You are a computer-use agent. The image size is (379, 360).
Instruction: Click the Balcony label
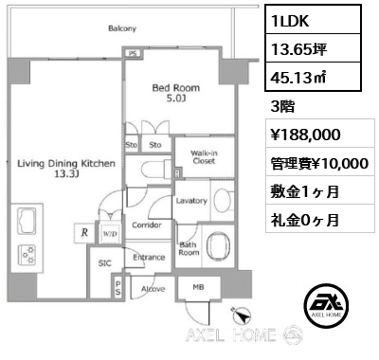pos(122,28)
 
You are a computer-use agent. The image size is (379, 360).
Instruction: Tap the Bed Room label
pos(176,88)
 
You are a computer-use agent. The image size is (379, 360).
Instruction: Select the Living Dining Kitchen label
pos(66,164)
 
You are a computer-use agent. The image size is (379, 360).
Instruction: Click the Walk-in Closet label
pos(204,157)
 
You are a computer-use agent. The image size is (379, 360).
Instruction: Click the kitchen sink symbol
pos(27,221)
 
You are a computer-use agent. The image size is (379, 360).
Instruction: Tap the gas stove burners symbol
pos(27,255)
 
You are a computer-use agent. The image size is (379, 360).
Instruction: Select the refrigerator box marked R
pos(84,233)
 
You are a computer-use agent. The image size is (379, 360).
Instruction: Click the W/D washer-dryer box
pos(110,234)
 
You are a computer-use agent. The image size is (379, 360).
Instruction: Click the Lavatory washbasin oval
pos(223,201)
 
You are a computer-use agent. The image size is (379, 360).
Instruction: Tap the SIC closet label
pos(104,263)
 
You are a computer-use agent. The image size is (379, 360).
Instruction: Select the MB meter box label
pos(198,287)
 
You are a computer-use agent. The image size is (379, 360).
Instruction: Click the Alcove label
pos(153,289)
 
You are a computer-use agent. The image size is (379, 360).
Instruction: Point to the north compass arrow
pos(242,315)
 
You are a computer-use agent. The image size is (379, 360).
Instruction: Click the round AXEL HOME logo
pos(326,305)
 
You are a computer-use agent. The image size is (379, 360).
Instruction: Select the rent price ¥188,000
pos(306,135)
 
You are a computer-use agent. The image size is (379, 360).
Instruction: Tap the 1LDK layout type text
pos(290,21)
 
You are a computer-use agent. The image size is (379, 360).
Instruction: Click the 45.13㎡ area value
pos(298,78)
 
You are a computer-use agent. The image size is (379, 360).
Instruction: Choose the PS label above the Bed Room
pos(133,54)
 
